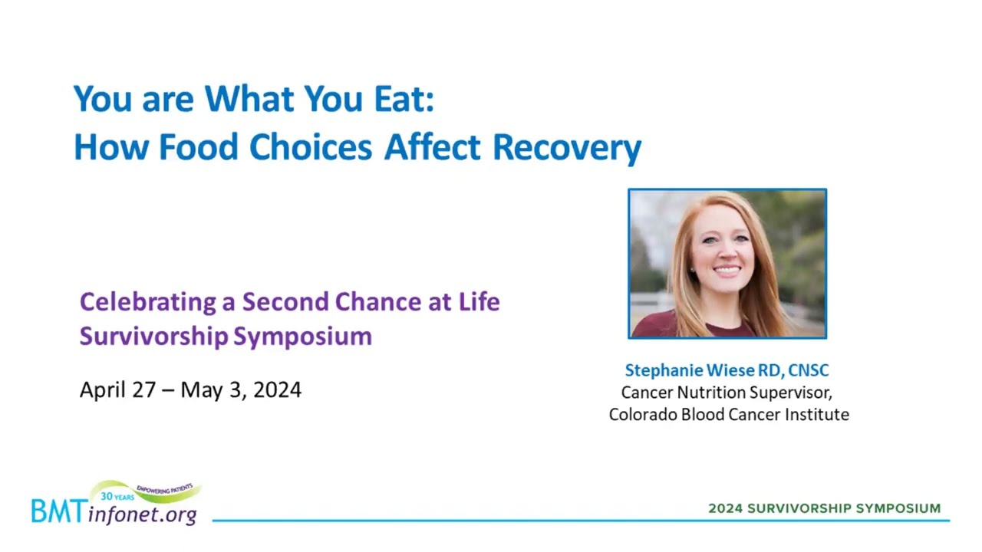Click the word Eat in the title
click(404, 99)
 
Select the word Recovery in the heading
click(567, 148)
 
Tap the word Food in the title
click(199, 146)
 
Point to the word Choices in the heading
click(311, 146)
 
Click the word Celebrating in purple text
click(148, 302)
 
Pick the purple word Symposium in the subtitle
click(302, 337)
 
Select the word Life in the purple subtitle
click(479, 301)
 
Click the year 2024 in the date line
click(277, 389)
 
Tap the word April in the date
click(102, 390)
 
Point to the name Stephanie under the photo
click(664, 370)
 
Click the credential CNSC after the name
click(809, 370)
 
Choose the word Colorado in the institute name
click(643, 415)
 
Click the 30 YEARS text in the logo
click(117, 496)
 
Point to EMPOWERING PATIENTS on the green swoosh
click(165, 489)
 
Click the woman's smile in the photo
click(726, 271)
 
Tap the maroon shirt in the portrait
click(657, 325)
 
